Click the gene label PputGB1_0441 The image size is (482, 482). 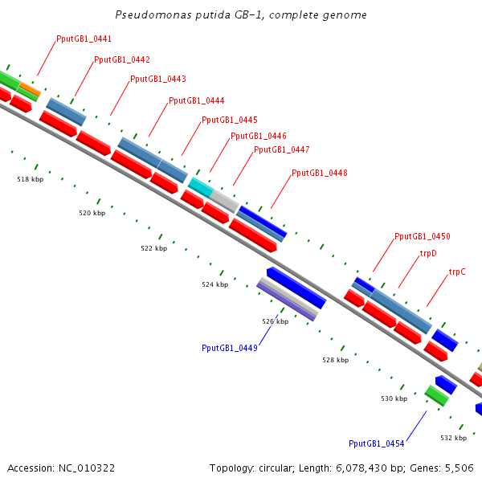coord(84,39)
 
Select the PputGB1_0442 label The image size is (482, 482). coord(121,59)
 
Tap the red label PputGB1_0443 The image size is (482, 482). coord(157,80)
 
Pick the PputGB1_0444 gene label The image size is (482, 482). coord(196,101)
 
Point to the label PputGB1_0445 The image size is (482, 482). coord(229,120)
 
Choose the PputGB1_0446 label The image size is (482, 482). coord(258,137)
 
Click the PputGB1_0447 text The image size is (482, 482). coord(281,149)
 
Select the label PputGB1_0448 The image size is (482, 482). coord(319,174)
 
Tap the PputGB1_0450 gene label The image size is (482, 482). coord(422,237)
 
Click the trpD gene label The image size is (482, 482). coord(428,254)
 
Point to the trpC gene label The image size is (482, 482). coord(457,272)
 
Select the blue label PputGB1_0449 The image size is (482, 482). coord(229,348)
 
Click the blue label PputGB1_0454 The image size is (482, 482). coord(376,443)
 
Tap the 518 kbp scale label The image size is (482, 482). coord(30,179)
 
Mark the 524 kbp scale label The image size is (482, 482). coord(214,284)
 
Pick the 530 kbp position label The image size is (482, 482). coord(394,398)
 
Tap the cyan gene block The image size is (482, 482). coord(200,187)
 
